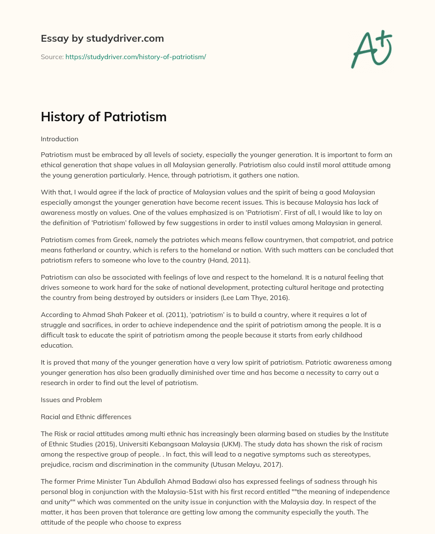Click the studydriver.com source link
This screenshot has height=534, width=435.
click(136, 57)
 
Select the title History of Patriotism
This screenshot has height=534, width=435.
click(104, 117)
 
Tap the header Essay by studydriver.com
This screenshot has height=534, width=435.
click(102, 38)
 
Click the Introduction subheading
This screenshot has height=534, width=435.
click(59, 139)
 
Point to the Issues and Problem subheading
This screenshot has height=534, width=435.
click(71, 400)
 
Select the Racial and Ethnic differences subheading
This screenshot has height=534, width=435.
click(86, 417)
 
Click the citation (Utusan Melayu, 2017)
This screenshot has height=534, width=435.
click(246, 464)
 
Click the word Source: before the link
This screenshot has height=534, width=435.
click(52, 57)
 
